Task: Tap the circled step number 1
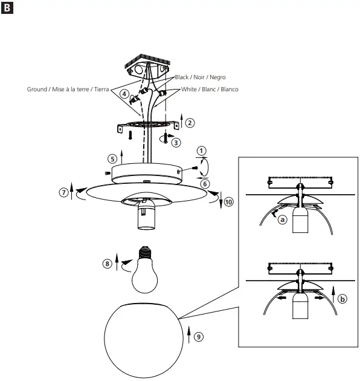[x=201, y=151]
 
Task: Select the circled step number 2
[x=190, y=123]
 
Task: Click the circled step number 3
[x=176, y=143]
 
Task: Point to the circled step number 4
[x=124, y=94]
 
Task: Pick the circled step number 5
[x=112, y=158]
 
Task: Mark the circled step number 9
[x=199, y=336]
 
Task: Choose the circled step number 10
[x=228, y=202]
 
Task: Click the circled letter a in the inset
[x=281, y=221]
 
